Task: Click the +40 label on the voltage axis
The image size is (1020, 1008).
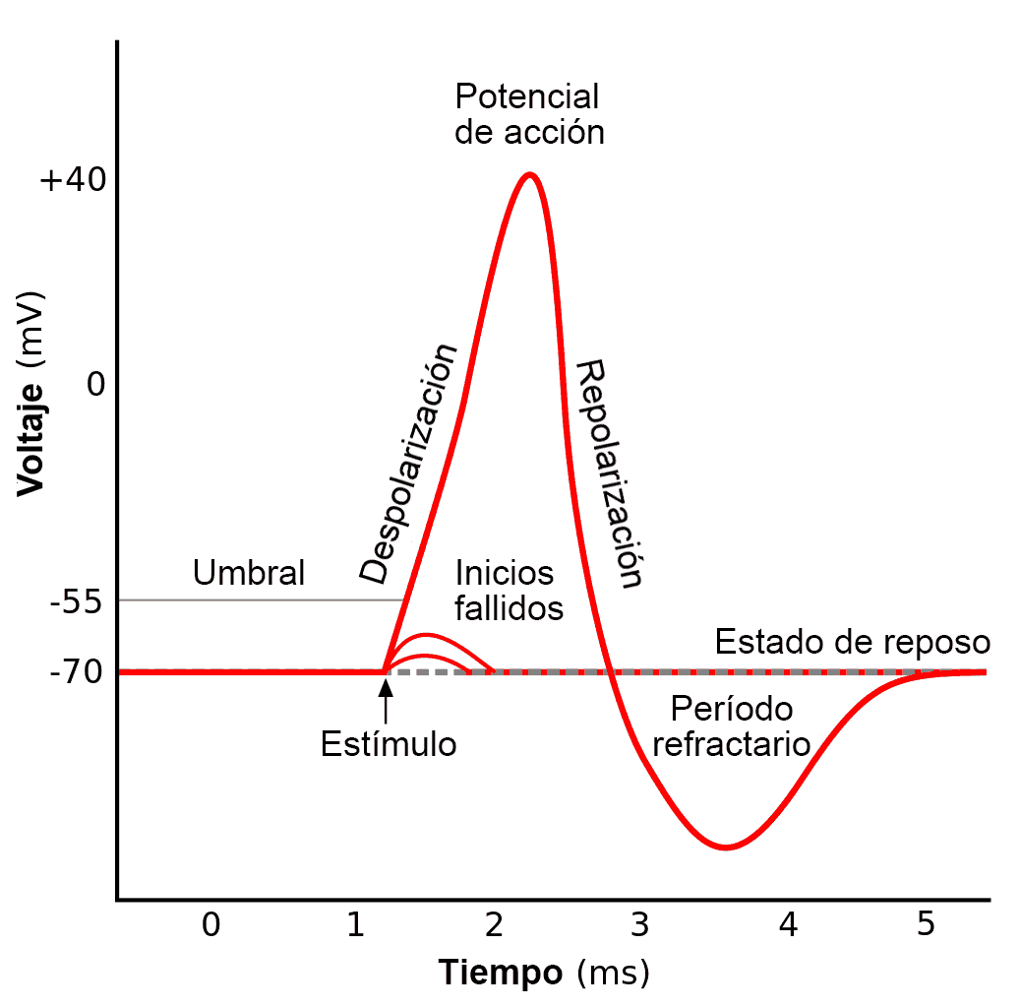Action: coord(71,182)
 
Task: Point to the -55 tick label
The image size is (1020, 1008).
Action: coord(76,601)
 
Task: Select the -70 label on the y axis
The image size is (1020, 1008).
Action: coord(76,673)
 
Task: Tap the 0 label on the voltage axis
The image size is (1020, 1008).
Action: coord(95,384)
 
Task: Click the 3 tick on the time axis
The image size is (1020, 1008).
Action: coord(639,924)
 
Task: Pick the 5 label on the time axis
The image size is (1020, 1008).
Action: coord(926,924)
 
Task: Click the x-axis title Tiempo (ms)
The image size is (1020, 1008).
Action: coord(544,973)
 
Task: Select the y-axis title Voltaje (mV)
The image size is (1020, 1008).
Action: coord(30,394)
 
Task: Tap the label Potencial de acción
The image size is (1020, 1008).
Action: coord(528,114)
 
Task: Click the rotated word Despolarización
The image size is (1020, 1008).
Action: coord(408,463)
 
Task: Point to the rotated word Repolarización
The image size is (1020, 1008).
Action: coord(610,473)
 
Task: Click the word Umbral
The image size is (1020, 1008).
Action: coord(249,572)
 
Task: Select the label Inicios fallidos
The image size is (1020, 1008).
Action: coord(509,591)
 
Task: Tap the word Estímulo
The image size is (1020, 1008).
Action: coord(389,743)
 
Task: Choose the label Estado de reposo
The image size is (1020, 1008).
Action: coord(852,642)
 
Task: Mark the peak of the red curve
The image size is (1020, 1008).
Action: coord(530,175)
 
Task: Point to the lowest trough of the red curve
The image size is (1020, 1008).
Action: coord(726,847)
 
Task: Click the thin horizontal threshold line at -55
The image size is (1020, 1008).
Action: coord(256,599)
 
